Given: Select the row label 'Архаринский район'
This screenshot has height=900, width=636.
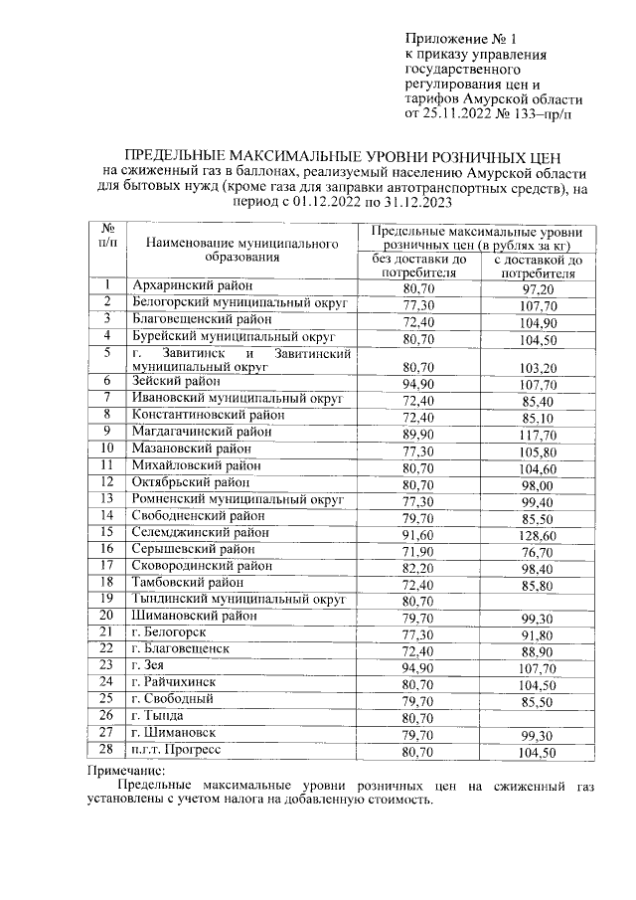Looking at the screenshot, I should click(x=191, y=287).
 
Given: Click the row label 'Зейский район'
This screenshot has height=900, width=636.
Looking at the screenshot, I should click(x=178, y=381).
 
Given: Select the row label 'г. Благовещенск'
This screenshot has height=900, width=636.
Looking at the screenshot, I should click(x=180, y=649).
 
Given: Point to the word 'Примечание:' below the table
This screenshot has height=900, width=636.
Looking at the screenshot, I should click(x=128, y=770).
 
